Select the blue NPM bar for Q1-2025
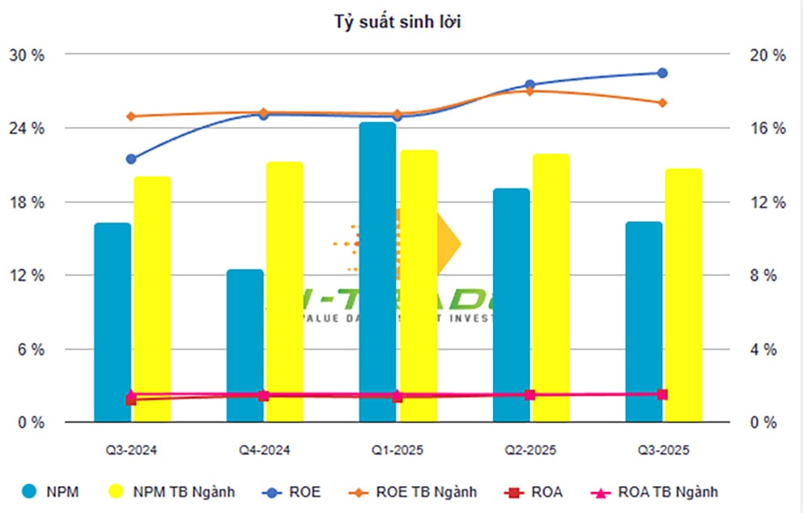pyautogui.click(x=378, y=272)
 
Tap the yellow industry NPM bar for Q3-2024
pyautogui.click(x=152, y=299)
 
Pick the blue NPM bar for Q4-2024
pyautogui.click(x=244, y=346)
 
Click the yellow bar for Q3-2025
pyautogui.click(x=683, y=295)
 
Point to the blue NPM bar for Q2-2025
pyautogui.click(x=511, y=305)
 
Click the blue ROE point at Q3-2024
pyautogui.click(x=131, y=159)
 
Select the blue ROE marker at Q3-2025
pyautogui.click(x=662, y=73)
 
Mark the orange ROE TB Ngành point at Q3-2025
pyautogui.click(x=662, y=103)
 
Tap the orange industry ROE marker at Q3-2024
pyautogui.click(x=131, y=117)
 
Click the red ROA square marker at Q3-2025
pyautogui.click(x=662, y=394)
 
